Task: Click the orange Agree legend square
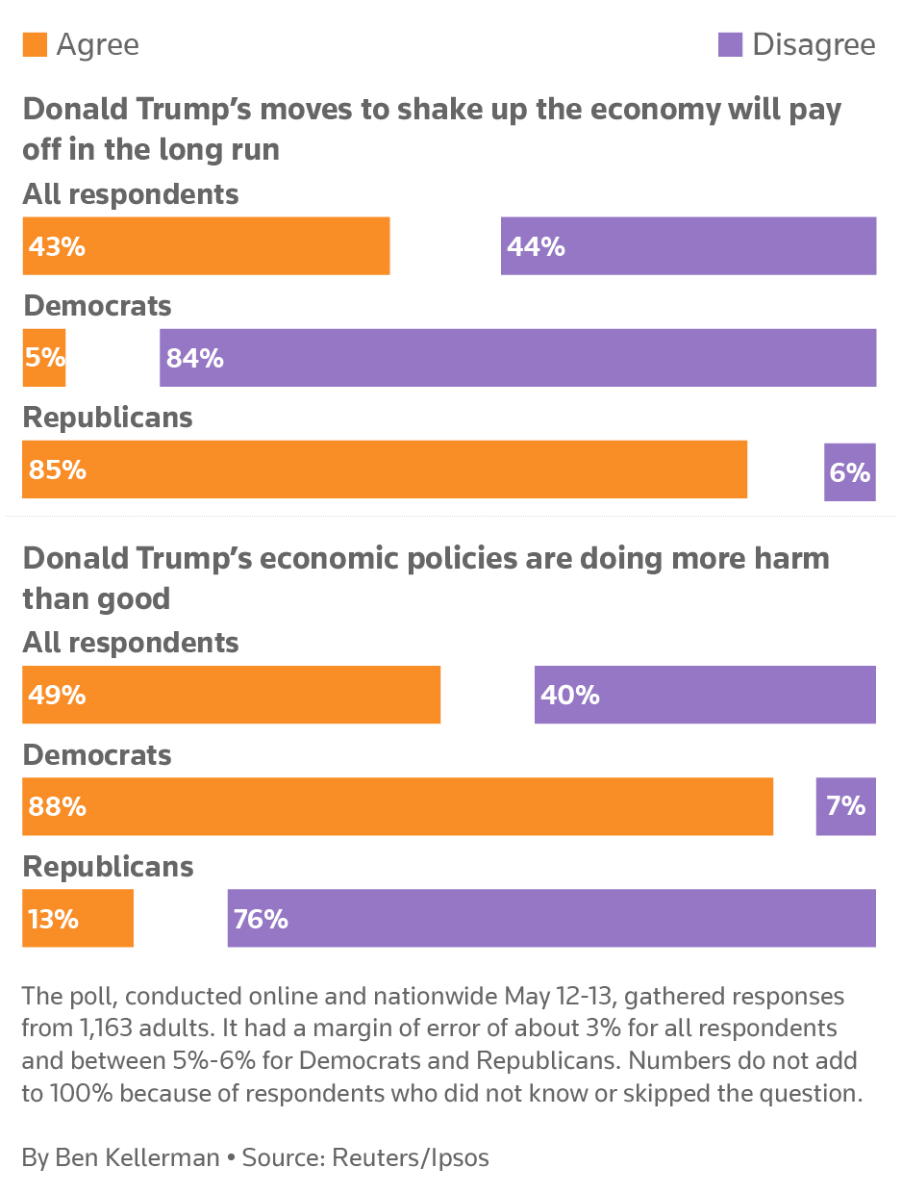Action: tap(35, 45)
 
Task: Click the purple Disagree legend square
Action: tap(731, 45)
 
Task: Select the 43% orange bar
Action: tap(206, 246)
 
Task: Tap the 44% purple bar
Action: tap(689, 246)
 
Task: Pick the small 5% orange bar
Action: tap(44, 358)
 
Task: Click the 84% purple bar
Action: tap(517, 358)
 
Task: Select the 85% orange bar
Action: tap(385, 470)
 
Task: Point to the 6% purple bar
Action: tap(850, 472)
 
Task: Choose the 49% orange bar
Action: tap(231, 695)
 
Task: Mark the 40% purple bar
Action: tap(705, 695)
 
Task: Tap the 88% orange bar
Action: tap(397, 806)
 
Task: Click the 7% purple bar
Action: tap(846, 806)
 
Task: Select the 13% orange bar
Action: tap(78, 918)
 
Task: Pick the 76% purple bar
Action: tap(551, 918)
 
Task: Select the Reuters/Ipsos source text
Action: tap(411, 1157)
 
